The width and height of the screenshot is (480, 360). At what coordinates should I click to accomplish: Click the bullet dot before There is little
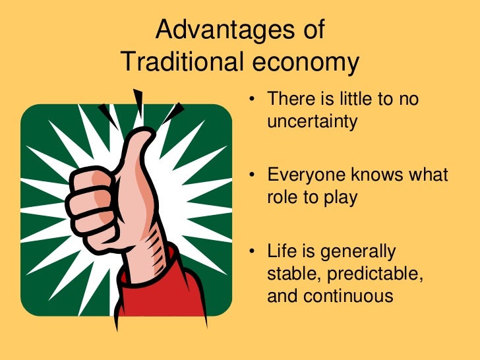(x=252, y=101)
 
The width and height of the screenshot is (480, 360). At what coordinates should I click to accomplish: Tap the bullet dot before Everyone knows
(x=252, y=176)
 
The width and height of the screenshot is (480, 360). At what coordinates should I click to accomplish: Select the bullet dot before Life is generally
(x=252, y=251)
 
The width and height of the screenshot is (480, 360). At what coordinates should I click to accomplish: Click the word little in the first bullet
(x=359, y=100)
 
